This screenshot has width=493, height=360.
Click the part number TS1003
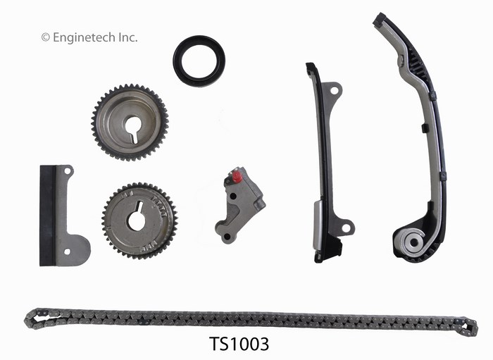(x=239, y=344)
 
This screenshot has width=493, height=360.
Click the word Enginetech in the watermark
(x=85, y=37)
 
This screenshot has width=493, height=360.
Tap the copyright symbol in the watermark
(x=46, y=37)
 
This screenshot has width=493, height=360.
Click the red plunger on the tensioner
(x=237, y=177)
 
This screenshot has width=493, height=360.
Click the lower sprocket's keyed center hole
(x=137, y=218)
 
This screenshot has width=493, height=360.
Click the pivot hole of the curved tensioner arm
(x=414, y=242)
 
